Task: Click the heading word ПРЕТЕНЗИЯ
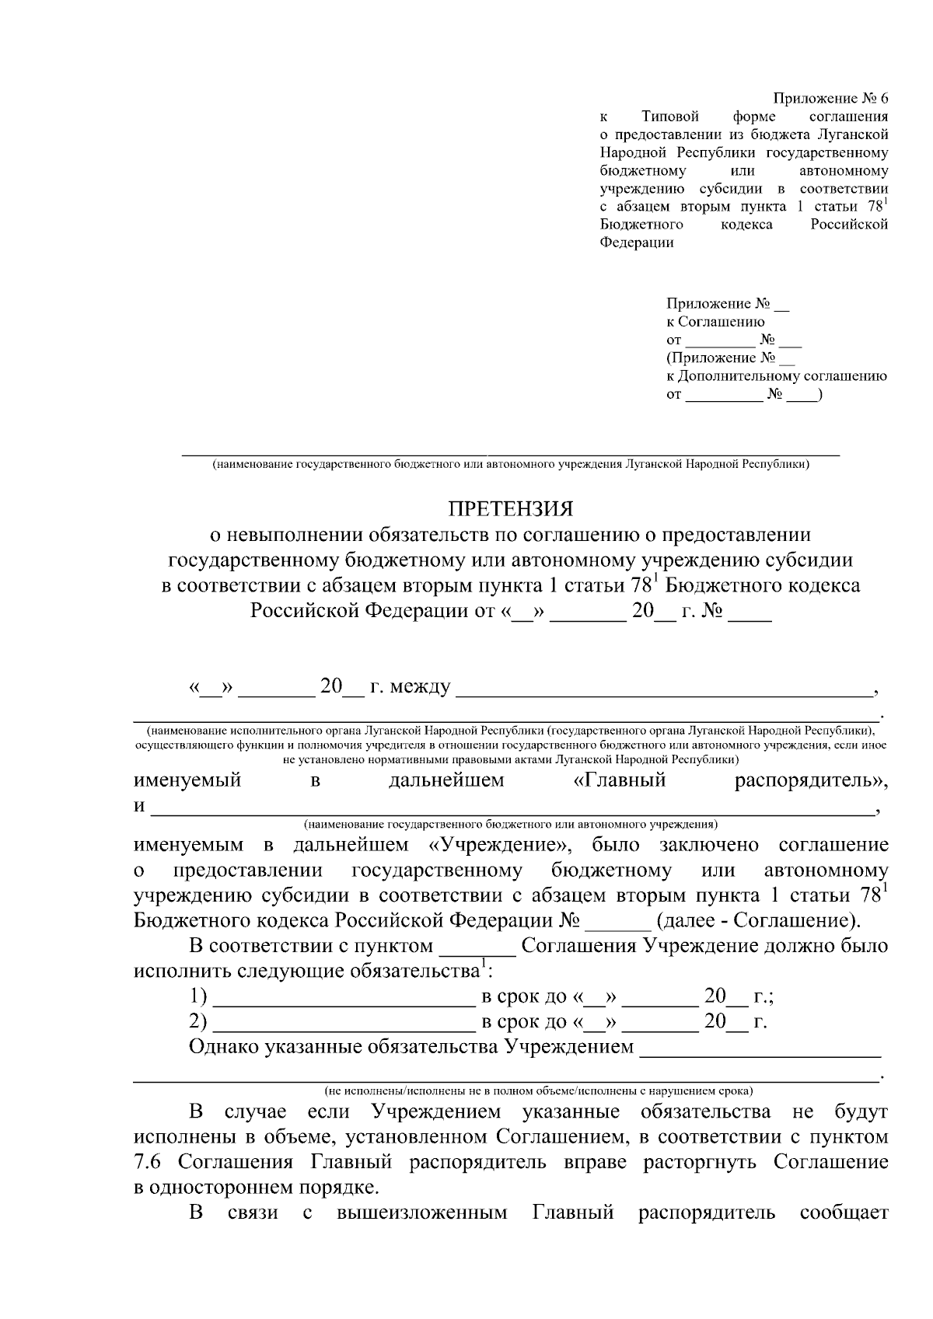tap(510, 509)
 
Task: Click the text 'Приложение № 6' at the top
tap(830, 99)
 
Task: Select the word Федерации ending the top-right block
tap(637, 243)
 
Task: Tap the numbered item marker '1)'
tap(198, 997)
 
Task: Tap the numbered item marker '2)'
tap(198, 1022)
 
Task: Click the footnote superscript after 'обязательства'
tap(484, 965)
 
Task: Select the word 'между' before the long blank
tap(421, 688)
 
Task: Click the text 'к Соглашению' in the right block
tap(715, 322)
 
